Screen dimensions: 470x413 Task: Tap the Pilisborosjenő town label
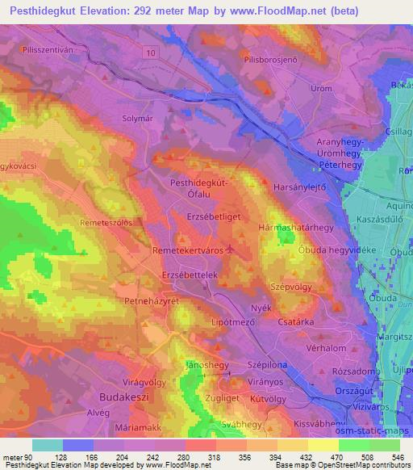tap(271, 60)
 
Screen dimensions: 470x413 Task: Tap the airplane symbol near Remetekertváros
tap(231, 250)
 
